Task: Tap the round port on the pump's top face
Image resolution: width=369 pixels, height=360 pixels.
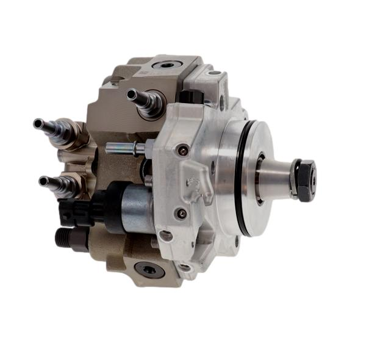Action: coord(165,64)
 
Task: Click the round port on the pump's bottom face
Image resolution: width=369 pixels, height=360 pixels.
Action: coord(147,268)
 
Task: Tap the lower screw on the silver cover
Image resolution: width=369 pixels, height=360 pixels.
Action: coord(180,213)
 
